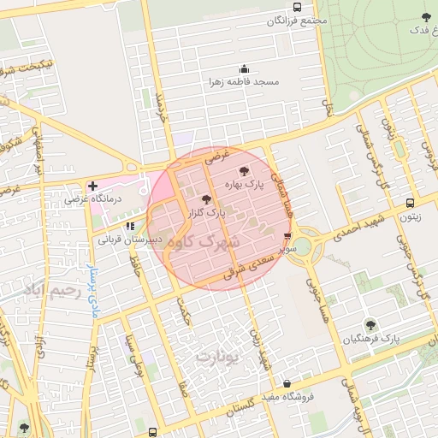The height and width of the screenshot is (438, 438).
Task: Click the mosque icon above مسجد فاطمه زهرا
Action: (244, 69)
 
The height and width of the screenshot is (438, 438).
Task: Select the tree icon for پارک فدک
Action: (426, 17)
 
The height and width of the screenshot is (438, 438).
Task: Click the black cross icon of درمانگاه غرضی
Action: (93, 186)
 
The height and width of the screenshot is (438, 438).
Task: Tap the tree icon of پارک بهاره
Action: (245, 171)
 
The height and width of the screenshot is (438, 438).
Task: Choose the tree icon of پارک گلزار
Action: (205, 198)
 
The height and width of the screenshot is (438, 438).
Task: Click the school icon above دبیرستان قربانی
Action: (129, 227)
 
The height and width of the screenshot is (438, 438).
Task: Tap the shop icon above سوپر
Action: (287, 237)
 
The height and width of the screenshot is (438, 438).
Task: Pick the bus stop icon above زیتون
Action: (411, 204)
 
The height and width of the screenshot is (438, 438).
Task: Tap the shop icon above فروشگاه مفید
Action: (286, 383)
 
